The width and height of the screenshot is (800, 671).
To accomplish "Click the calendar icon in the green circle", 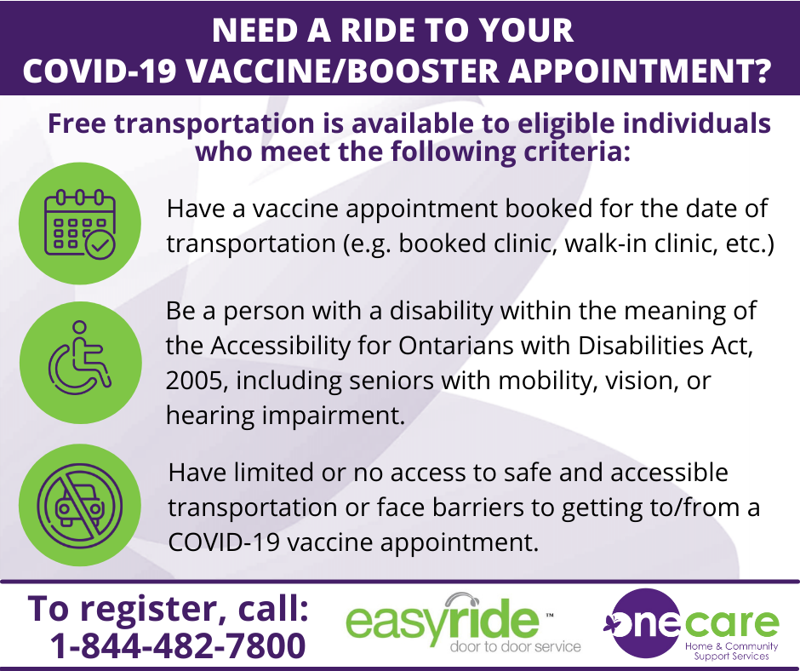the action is coord(80,224).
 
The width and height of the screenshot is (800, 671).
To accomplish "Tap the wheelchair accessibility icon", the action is coord(80,358).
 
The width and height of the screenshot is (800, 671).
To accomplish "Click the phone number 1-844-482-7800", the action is coord(178,645).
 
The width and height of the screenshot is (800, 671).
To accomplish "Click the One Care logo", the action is coord(691,623).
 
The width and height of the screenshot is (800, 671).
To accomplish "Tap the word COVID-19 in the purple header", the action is coord(100,71).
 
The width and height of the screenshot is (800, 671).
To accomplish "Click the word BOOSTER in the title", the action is coord(423,71).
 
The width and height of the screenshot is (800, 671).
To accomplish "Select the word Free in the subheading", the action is coord(77,123).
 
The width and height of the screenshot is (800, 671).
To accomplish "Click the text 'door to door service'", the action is coord(515,647).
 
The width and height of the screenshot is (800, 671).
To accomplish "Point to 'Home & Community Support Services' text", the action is coord(731,651).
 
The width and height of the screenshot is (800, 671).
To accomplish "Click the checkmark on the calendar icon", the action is coord(100,245).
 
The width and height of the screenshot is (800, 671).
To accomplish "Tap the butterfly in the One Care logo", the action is coord(612,624).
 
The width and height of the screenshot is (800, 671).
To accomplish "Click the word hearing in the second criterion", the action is coord(210,416).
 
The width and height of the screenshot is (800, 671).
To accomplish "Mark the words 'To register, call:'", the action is coord(169,608).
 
